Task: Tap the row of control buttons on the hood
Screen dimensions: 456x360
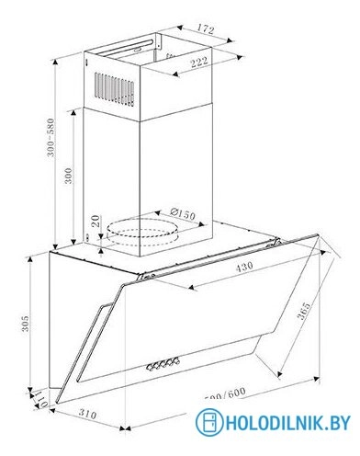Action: tap(163, 366)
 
